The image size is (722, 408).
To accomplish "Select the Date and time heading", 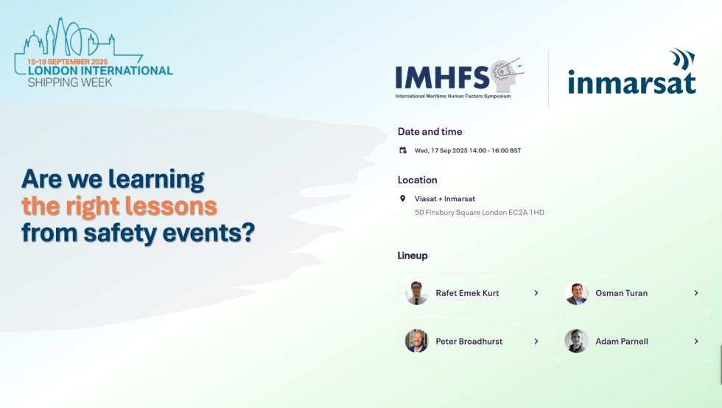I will click(430, 132).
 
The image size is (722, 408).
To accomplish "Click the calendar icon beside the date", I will click(403, 150).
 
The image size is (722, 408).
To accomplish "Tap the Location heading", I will click(417, 180).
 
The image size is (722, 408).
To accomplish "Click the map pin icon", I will click(403, 199).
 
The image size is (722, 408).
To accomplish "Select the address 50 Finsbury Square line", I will click(479, 213).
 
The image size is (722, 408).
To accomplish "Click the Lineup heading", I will click(413, 256).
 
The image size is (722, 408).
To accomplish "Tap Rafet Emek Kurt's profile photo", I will click(416, 293).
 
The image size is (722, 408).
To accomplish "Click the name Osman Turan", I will click(621, 293).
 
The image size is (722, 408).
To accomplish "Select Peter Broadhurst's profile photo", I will click(416, 341).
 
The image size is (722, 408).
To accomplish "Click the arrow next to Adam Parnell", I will click(695, 341).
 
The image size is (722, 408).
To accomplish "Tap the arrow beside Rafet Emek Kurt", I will click(536, 293).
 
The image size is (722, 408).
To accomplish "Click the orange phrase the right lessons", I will click(119, 205).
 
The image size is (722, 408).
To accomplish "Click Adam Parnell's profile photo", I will click(576, 341).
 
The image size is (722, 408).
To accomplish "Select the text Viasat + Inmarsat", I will click(444, 199).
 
